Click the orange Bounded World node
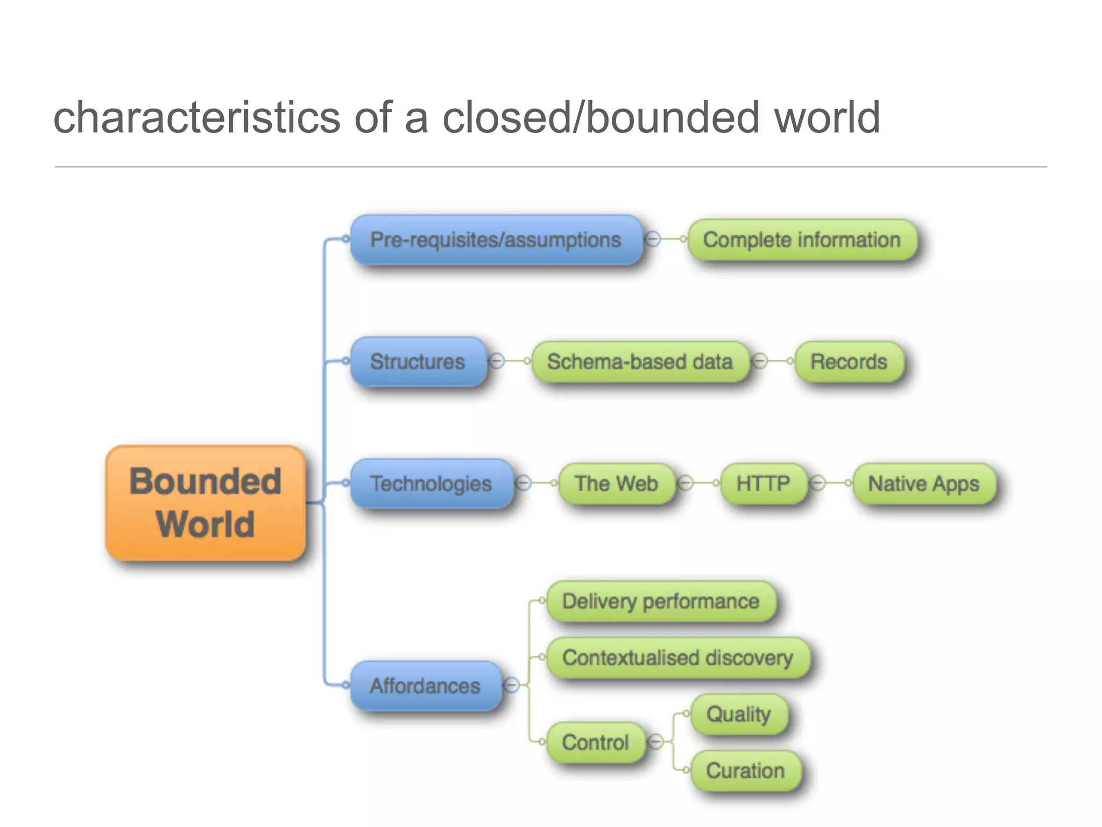[206, 503]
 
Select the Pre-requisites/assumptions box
[496, 240]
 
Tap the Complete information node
[802, 240]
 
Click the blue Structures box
[418, 361]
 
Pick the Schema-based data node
[640, 361]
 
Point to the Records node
[849, 361]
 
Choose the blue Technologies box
[430, 483]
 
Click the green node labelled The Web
[616, 483]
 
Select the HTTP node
[763, 483]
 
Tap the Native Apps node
[923, 483]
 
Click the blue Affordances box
[425, 685]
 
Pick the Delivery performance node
[661, 601]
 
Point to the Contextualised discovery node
[677, 657]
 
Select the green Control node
[595, 742]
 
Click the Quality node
[738, 714]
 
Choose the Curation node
[745, 770]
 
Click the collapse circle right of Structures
[497, 361]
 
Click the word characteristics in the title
[197, 117]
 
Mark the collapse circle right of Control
[655, 742]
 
